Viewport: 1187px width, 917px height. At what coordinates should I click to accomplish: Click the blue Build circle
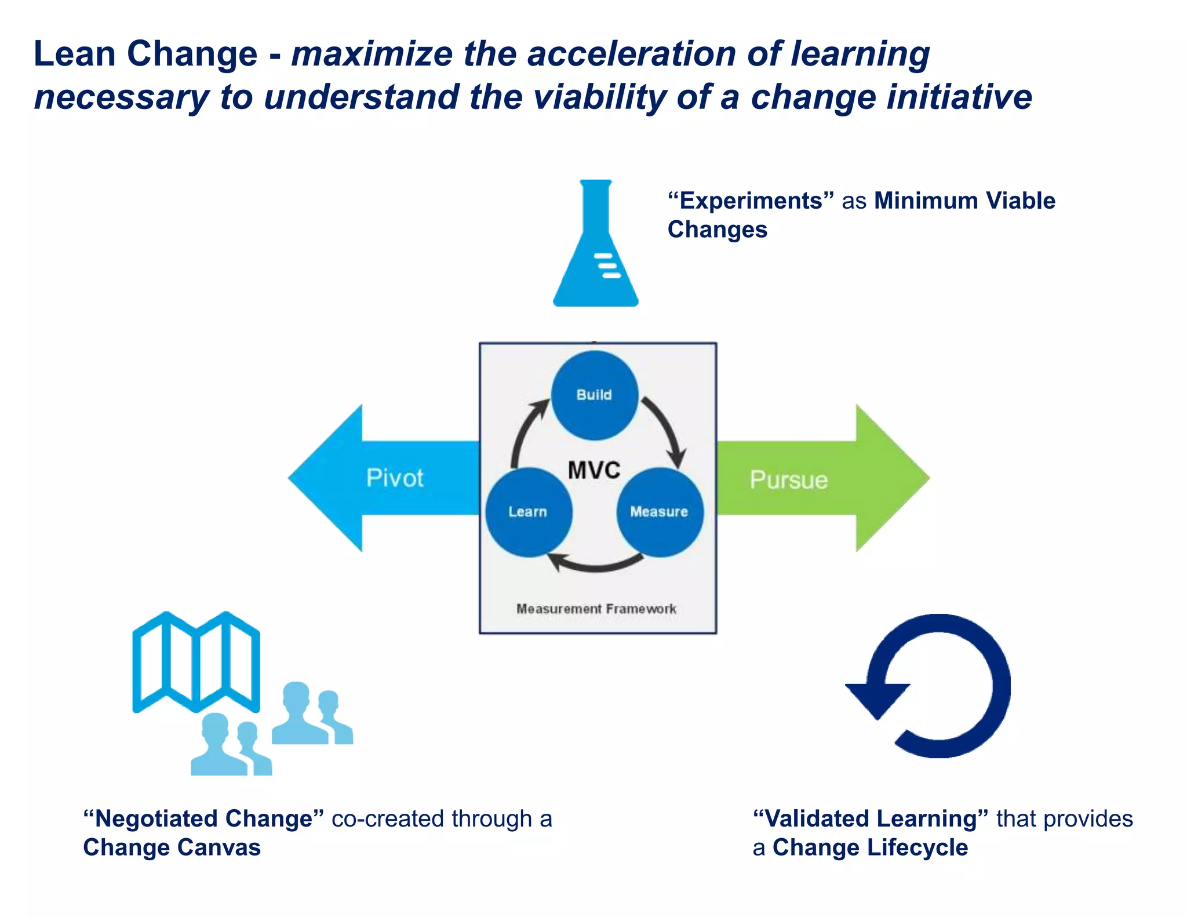(594, 395)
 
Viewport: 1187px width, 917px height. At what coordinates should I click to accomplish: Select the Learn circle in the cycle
(528, 512)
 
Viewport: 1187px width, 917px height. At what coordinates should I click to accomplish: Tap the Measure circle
(660, 512)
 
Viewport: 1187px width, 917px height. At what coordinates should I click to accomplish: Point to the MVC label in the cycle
(594, 470)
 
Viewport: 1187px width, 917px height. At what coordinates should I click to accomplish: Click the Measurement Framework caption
(596, 609)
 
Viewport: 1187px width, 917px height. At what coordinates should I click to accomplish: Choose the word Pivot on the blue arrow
(395, 478)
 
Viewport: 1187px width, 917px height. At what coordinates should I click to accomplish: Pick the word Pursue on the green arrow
(788, 480)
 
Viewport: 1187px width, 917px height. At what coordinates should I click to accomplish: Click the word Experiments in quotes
(751, 201)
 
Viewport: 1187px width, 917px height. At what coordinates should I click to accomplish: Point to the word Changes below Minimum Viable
(718, 230)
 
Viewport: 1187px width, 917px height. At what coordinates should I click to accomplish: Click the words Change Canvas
(172, 847)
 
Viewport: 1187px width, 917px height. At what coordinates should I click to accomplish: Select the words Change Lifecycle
(871, 847)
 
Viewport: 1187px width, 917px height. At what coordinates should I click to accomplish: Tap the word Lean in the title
(75, 54)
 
